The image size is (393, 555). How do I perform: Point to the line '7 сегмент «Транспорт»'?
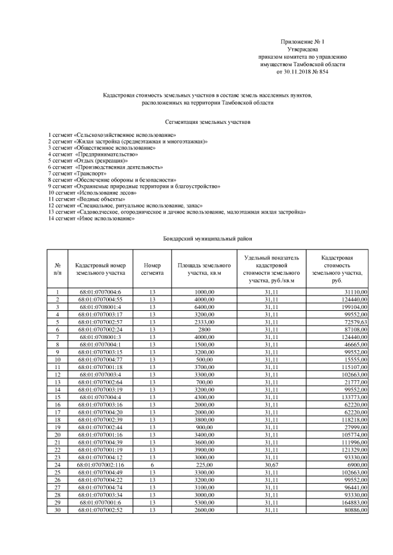73,173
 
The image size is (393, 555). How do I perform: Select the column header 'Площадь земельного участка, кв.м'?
204,269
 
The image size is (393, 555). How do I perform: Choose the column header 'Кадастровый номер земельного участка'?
101,269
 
